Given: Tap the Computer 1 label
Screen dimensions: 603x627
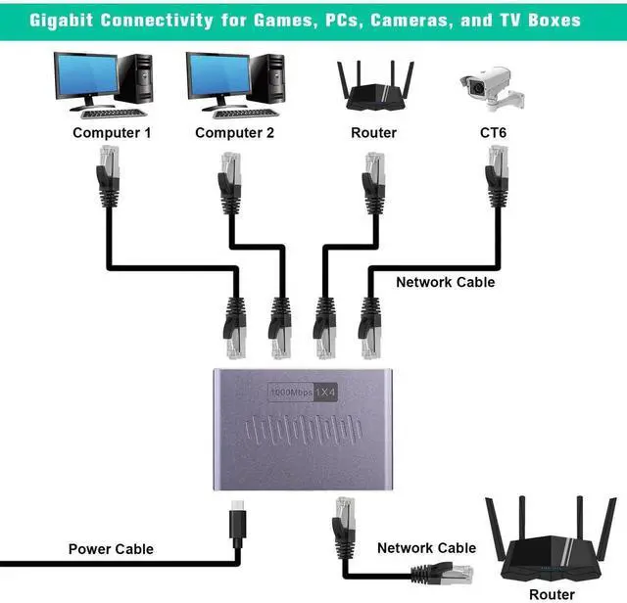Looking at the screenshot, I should click(x=112, y=132).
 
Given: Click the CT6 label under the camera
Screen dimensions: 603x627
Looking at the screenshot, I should click(x=492, y=132).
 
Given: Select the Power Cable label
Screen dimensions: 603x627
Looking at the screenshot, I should click(x=111, y=549).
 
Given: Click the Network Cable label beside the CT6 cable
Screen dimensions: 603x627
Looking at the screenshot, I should click(x=445, y=282).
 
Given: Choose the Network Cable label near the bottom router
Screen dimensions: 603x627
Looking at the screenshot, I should click(x=426, y=548).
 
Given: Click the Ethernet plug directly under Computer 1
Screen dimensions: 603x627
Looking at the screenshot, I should click(x=107, y=172).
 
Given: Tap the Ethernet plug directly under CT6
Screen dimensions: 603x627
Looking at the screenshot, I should click(x=496, y=172).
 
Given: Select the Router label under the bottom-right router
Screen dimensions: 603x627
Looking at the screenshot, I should click(x=552, y=594).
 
